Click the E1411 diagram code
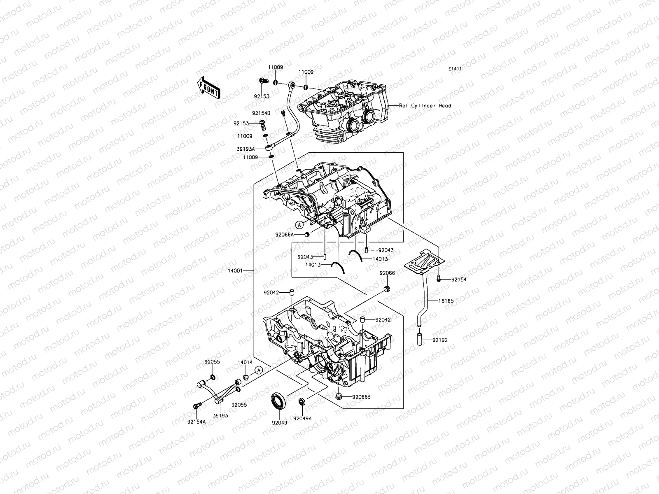455,69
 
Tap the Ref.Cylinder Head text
425,106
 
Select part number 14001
235,270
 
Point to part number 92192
440,340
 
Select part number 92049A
302,418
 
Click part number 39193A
252,149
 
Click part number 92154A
196,422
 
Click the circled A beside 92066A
299,224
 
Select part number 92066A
285,235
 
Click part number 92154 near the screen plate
459,280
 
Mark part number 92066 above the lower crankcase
387,273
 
